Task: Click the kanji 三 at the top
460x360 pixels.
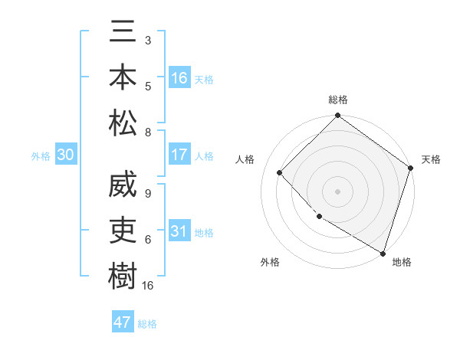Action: coord(123,33)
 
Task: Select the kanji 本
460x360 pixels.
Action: coord(123,78)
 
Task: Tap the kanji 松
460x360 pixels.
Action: coord(123,123)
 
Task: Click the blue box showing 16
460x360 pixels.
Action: coord(179,78)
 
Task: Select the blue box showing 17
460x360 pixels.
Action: coord(179,155)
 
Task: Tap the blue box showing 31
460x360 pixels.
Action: coord(179,231)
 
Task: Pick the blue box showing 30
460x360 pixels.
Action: coord(65,155)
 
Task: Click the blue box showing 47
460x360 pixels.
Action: coord(123,322)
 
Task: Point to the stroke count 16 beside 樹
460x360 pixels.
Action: coord(148,286)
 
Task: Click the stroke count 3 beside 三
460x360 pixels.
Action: coord(147,39)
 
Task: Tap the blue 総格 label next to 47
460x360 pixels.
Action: coord(148,324)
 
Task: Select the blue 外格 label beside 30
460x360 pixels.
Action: coord(41,156)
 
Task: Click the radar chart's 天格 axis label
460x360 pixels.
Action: coord(432,159)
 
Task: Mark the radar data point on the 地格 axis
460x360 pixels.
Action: coord(383,252)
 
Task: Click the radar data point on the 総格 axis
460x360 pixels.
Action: coord(337,116)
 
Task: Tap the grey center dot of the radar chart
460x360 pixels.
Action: coord(337,191)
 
